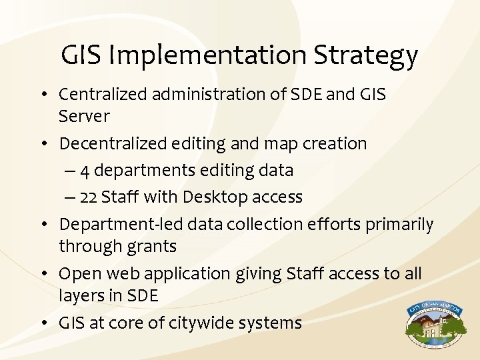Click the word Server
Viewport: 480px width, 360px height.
coord(84,116)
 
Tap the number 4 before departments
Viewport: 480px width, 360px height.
coord(85,171)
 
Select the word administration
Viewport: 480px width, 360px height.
coord(211,95)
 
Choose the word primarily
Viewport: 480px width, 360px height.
coord(399,225)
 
